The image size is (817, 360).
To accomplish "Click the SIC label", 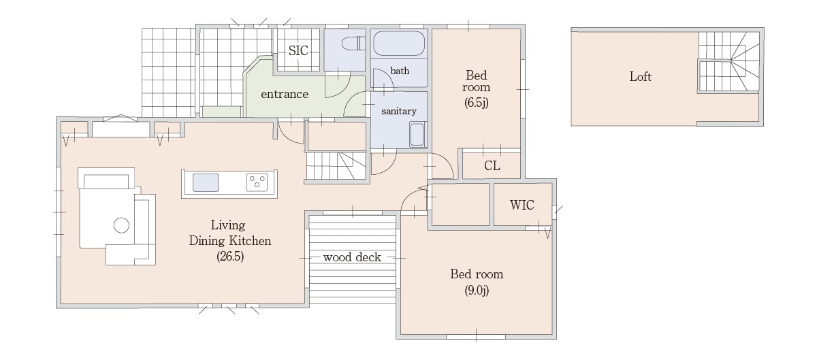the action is coord(298,50).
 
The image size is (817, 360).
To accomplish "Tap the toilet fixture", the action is coord(353,44).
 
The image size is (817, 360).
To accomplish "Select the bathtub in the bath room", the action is coord(399,44).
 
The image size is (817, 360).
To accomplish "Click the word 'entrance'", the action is coord(285,94).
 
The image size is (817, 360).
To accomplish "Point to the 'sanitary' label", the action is coord(399,111).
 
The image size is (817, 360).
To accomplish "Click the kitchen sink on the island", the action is coord(206,183).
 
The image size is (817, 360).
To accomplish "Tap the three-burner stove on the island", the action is coord(257,182).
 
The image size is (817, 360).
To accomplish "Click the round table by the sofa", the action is coord(121,225).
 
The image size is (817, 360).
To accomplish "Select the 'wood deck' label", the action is coord(352,257).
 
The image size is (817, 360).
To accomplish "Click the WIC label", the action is coord(522,205).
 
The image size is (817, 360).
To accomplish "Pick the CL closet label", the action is coord(492,166).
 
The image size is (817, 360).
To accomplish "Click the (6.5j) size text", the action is coord(477,103).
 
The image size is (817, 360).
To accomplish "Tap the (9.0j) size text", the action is coord(477,291).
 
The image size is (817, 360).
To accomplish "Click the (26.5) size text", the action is coord(230,257).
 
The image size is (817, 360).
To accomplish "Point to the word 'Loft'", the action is coord(640,77).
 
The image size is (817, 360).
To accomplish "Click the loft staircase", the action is coord(729,61).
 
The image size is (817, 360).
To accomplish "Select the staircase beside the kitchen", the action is coord(336,166).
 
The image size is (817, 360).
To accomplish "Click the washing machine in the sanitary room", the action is coord(417,135).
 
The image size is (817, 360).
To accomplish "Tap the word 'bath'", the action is coord(400,71).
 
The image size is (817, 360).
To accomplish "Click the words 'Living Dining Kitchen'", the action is coord(230,233).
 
